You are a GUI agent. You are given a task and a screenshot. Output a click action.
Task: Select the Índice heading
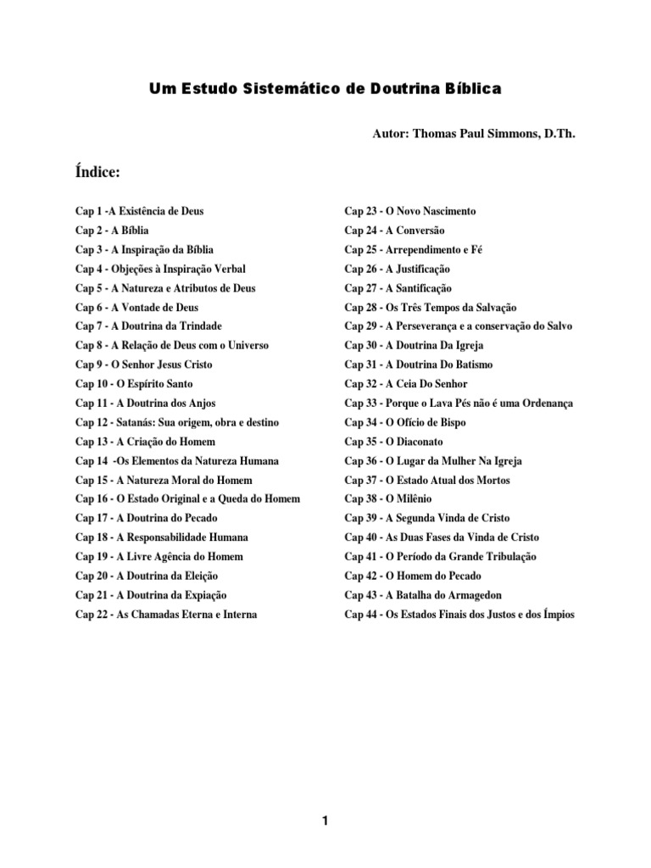(x=97, y=173)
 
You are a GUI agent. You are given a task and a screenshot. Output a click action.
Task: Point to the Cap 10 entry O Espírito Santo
(x=134, y=384)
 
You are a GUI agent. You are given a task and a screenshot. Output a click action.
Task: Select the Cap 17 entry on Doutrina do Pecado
(x=142, y=518)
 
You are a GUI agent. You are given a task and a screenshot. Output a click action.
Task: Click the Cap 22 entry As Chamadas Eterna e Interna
(x=165, y=614)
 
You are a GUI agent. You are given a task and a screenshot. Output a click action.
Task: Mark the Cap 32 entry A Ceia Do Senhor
(x=405, y=384)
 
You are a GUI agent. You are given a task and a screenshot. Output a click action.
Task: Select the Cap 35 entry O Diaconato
(x=393, y=442)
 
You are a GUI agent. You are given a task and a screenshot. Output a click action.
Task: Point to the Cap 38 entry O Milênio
(x=387, y=499)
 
